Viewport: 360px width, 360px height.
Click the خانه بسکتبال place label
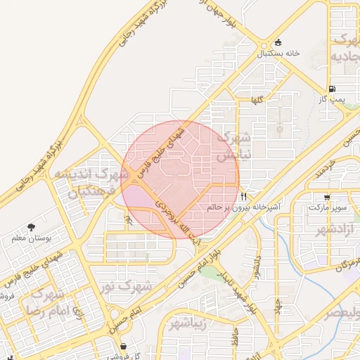[x=278, y=53]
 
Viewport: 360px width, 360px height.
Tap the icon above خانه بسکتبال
[x=278, y=43]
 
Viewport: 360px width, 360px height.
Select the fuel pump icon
[x=331, y=89]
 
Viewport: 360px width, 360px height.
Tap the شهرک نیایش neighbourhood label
[x=236, y=146]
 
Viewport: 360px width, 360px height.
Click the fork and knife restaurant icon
[x=243, y=197]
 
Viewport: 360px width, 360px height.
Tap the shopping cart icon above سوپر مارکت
[x=327, y=198]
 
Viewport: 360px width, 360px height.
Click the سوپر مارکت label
[x=328, y=208]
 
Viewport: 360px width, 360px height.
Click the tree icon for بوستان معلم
[x=31, y=227]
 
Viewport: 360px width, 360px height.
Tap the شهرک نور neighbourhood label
[x=126, y=286]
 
